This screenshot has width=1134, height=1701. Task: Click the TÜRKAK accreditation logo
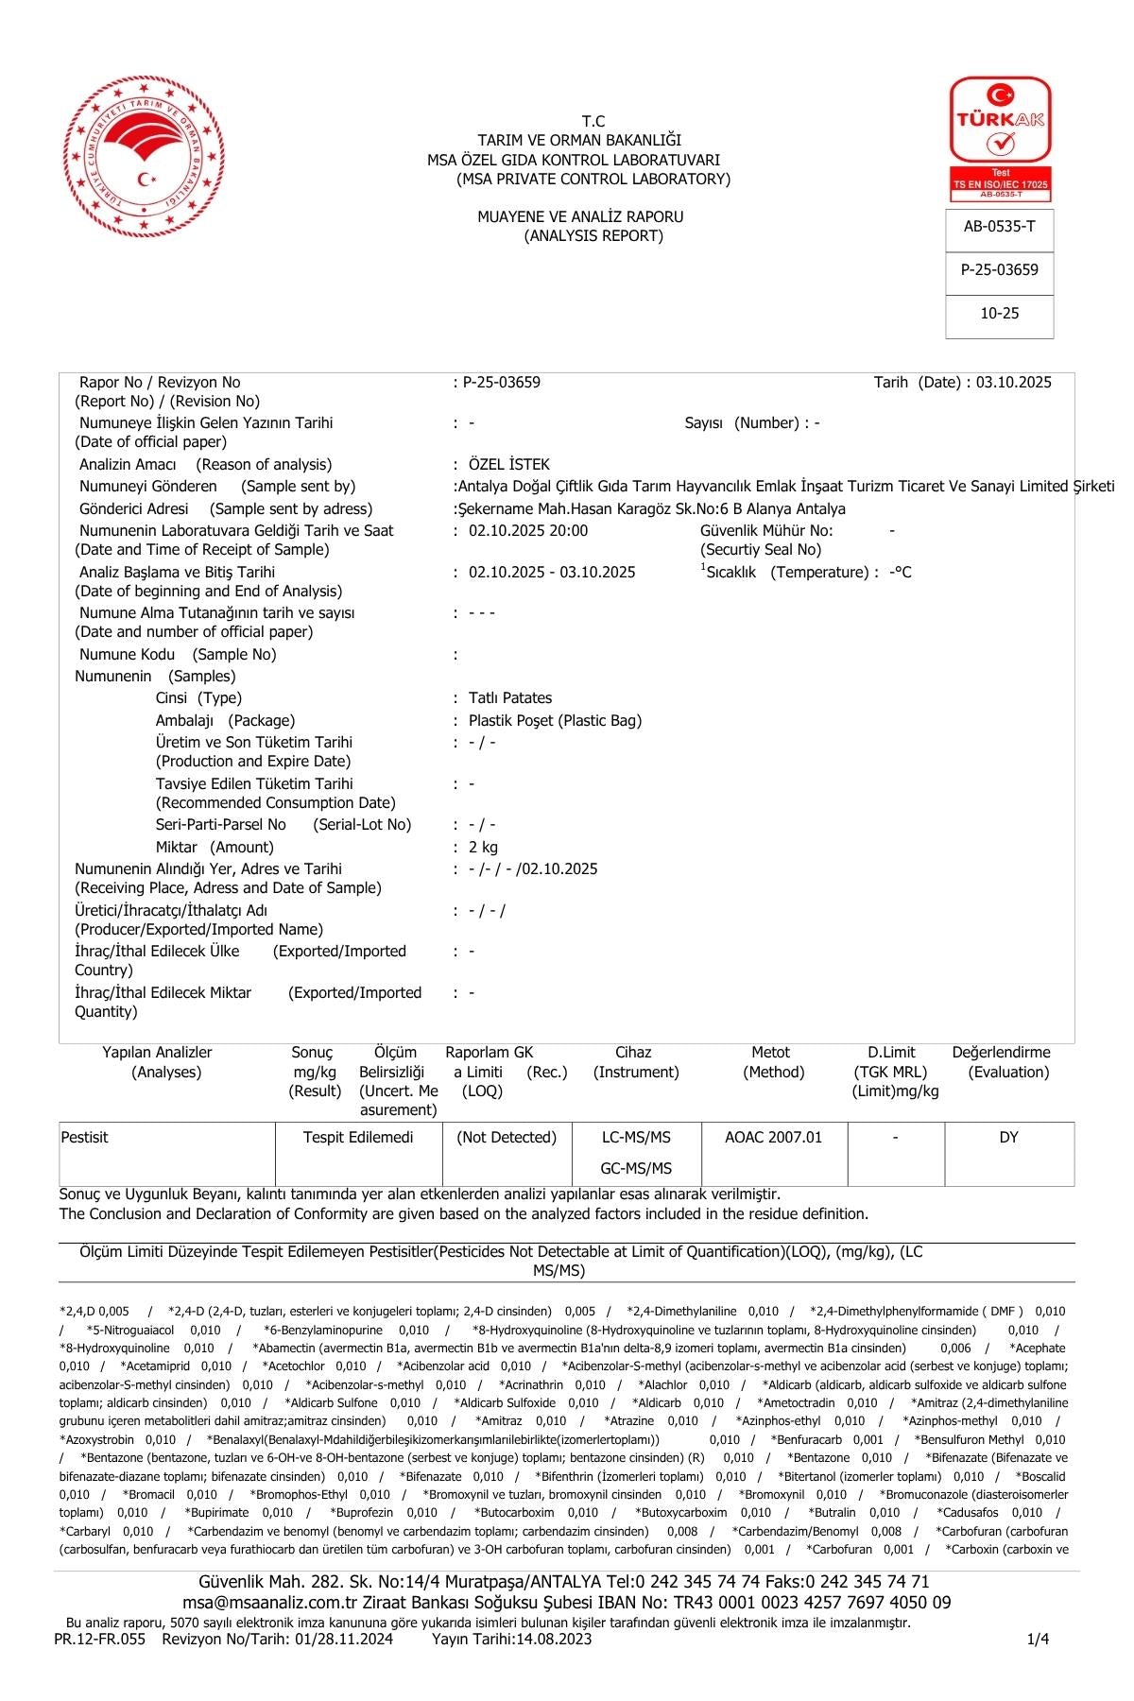1000,138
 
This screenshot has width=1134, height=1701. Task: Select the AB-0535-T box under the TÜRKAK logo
999,227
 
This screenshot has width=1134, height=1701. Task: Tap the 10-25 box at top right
999,314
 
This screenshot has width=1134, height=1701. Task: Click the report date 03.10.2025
1013,383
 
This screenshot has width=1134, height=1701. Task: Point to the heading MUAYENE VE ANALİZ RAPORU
579,217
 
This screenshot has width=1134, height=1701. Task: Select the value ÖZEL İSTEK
508,465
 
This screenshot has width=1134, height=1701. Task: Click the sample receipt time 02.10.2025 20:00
527,531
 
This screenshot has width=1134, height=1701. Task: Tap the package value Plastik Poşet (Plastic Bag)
555,721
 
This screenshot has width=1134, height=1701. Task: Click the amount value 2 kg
483,848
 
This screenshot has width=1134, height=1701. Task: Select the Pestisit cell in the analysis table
85,1138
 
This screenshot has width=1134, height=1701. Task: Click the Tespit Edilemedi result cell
358,1138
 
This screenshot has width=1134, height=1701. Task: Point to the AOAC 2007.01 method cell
773,1138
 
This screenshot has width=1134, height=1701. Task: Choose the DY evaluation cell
1008,1138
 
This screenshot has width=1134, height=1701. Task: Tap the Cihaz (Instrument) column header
635,1062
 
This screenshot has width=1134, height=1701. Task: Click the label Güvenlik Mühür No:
766,531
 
